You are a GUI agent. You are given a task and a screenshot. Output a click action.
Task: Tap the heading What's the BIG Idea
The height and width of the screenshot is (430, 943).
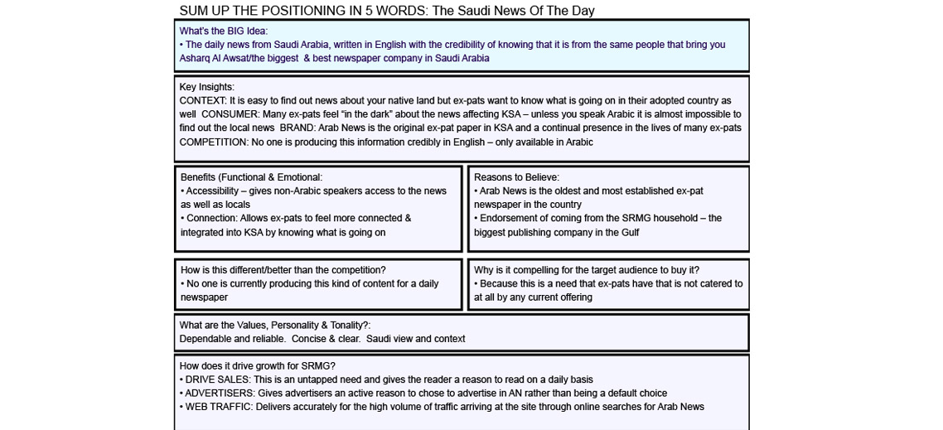(x=223, y=31)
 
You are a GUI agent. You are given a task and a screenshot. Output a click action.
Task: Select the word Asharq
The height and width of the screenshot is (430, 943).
(x=196, y=59)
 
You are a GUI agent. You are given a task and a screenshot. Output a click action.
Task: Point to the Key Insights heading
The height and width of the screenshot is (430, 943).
(x=206, y=87)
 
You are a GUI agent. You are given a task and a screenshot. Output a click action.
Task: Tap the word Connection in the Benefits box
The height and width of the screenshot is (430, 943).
(x=212, y=219)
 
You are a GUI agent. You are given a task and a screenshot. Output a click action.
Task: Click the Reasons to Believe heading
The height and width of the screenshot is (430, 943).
(x=516, y=177)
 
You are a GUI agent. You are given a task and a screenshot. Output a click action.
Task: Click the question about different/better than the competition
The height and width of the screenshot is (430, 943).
(x=283, y=270)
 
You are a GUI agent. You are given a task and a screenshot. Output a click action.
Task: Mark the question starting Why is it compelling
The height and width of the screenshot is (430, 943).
(x=586, y=270)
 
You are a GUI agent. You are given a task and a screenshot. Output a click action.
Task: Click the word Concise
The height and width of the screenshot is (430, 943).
(x=311, y=339)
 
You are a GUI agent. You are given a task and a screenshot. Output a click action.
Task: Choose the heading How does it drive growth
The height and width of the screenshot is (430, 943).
(x=257, y=366)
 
